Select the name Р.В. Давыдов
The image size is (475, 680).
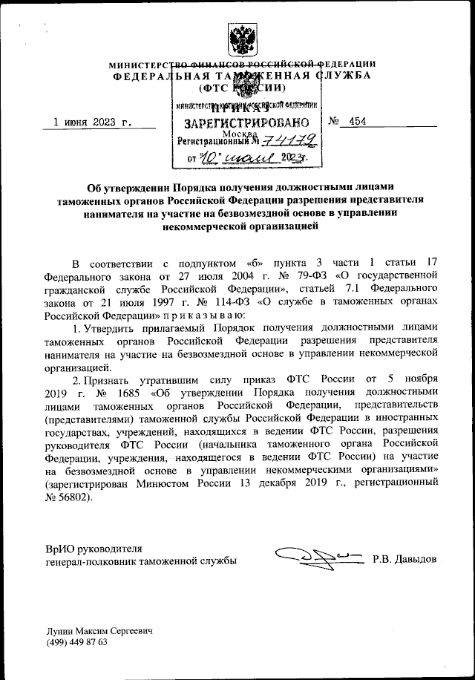[404, 558]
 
